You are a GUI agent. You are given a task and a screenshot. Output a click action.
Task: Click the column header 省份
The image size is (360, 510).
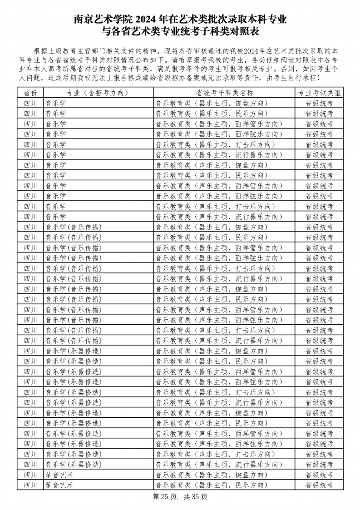tap(30, 93)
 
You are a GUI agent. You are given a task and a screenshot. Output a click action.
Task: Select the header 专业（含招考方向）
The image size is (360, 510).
tap(98, 93)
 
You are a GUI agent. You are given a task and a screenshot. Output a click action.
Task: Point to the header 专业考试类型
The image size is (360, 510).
tap(319, 93)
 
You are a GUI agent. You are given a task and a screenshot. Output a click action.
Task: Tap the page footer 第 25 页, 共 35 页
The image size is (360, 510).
tap(180, 497)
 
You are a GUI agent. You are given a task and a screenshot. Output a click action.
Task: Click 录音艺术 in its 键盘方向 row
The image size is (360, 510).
tap(59, 475)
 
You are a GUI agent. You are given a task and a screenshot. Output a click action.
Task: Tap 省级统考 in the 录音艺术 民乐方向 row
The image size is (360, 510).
tap(319, 485)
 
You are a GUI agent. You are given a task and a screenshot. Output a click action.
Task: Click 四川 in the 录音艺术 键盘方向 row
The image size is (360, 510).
tap(30, 475)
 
